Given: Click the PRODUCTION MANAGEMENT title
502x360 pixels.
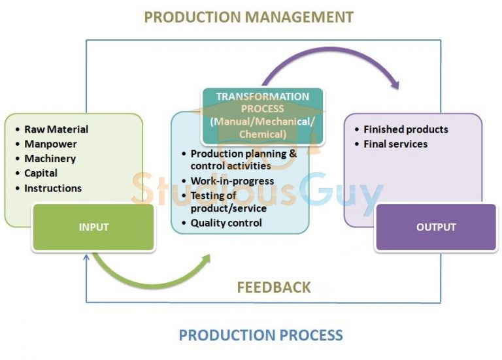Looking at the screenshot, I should point(248,17).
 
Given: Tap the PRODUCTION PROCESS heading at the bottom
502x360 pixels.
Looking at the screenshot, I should point(261,335).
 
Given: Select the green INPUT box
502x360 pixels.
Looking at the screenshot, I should point(93,227).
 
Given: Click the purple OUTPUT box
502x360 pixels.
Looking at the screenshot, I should point(435,227).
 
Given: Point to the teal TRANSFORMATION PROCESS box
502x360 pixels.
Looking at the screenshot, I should point(262,115).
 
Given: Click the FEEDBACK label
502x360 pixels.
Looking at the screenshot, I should point(273,287).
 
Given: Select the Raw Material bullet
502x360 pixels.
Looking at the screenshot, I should point(56,129).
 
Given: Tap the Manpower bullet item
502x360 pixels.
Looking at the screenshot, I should point(50,144).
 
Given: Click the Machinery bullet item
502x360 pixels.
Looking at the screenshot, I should point(50,159).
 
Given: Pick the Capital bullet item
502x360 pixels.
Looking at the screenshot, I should point(41,173).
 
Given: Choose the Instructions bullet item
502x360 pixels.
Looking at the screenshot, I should point(53,188).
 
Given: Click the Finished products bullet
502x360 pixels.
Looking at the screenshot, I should point(405,129).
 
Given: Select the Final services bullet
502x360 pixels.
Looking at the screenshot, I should point(395,144).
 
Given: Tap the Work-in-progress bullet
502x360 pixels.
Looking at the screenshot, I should point(232,181).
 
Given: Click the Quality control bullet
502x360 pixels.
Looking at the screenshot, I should point(226,223).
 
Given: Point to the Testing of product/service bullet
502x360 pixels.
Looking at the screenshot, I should point(228,202).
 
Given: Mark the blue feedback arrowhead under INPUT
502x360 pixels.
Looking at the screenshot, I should point(86,258).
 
